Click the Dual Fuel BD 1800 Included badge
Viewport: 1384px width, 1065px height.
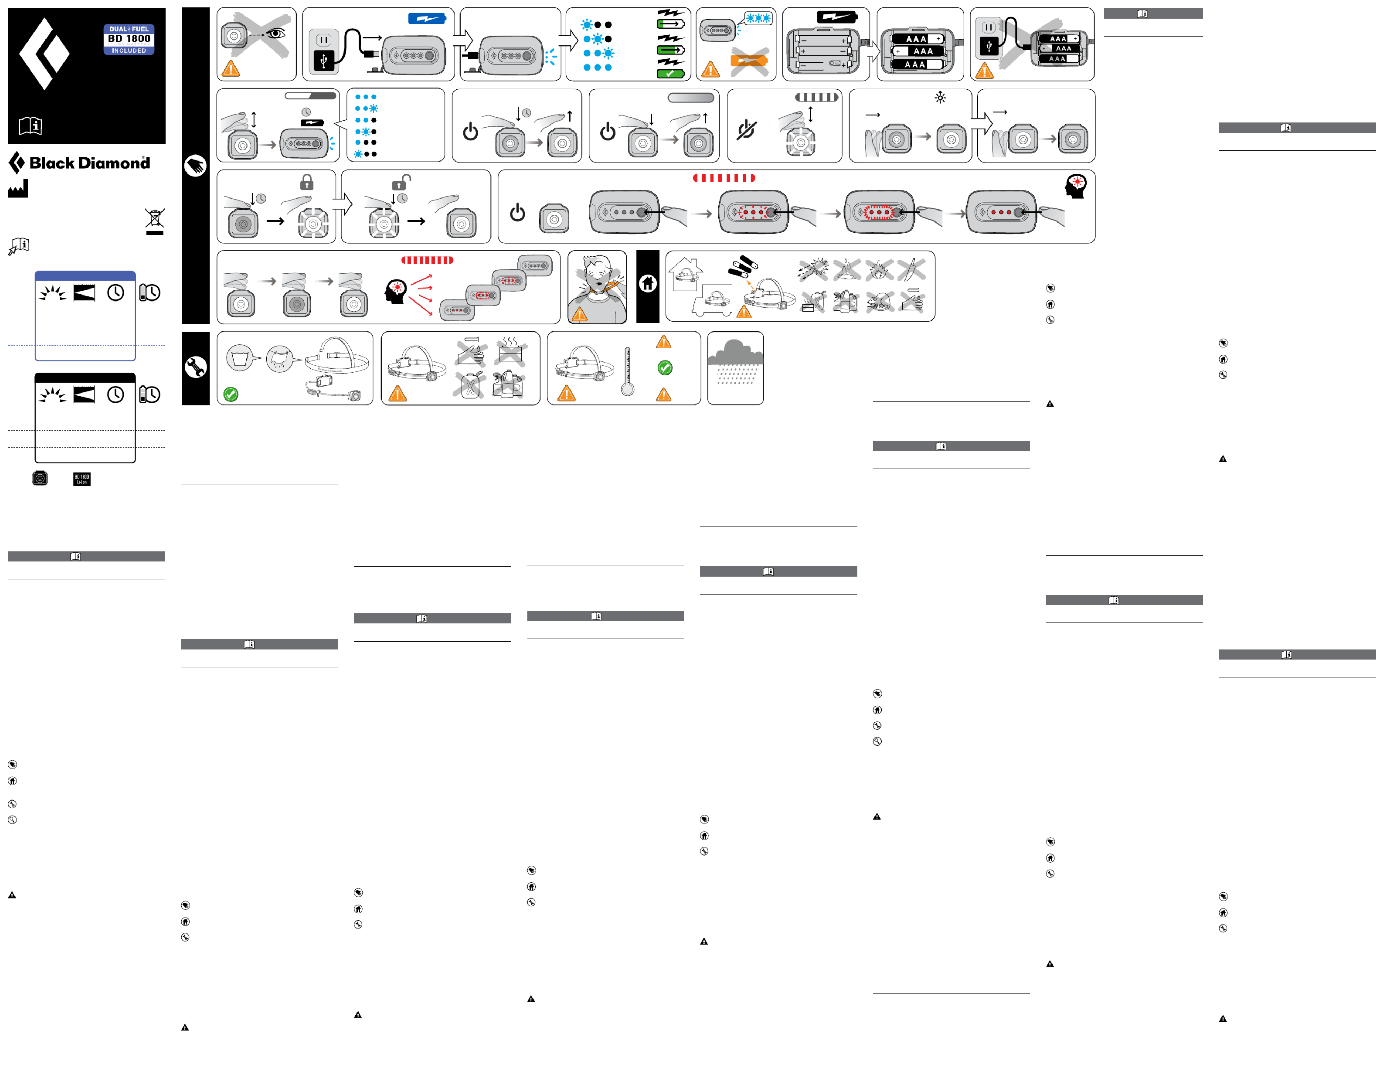coord(129,39)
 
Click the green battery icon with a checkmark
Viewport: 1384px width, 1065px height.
coord(670,74)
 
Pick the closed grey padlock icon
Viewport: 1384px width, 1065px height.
coord(307,183)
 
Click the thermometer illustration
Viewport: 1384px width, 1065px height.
coord(627,371)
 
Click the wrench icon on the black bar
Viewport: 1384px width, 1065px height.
coord(195,367)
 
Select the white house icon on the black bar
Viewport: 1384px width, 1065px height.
coord(648,284)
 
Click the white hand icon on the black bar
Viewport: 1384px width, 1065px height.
coord(195,166)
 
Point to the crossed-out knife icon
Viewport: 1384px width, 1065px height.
coord(911,269)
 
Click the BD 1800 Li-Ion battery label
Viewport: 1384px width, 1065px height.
coord(82,479)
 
